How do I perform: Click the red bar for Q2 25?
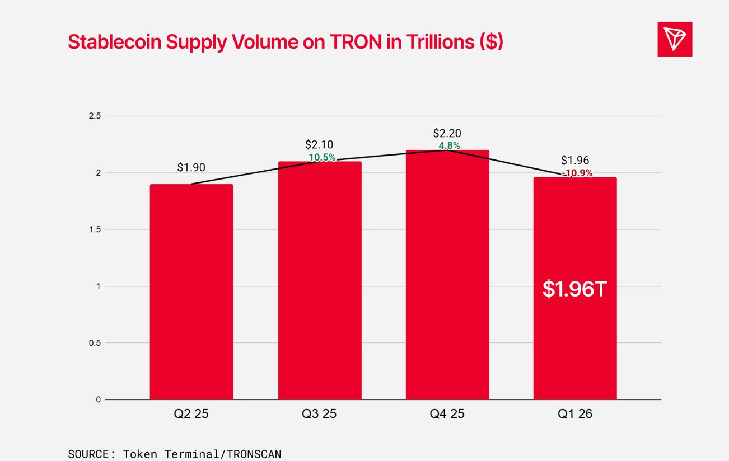click(191, 291)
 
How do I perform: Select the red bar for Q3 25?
click(320, 280)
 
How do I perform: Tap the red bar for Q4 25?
click(447, 275)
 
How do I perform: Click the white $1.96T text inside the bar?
click(574, 289)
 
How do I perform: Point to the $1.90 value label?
click(191, 167)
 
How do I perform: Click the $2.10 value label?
click(319, 144)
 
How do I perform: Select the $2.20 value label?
click(447, 133)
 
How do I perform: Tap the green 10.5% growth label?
click(322, 157)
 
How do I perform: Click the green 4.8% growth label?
click(449, 145)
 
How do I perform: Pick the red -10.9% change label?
click(577, 173)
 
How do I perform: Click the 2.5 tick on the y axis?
click(95, 116)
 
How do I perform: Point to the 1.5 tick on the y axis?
click(95, 229)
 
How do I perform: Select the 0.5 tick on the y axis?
click(95, 342)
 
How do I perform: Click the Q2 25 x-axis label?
click(191, 414)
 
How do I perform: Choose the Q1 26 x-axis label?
click(574, 414)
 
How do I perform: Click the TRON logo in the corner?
click(675, 39)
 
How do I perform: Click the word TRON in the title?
click(356, 42)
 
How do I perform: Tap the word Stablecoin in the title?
click(115, 42)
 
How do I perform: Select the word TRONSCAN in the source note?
click(254, 454)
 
